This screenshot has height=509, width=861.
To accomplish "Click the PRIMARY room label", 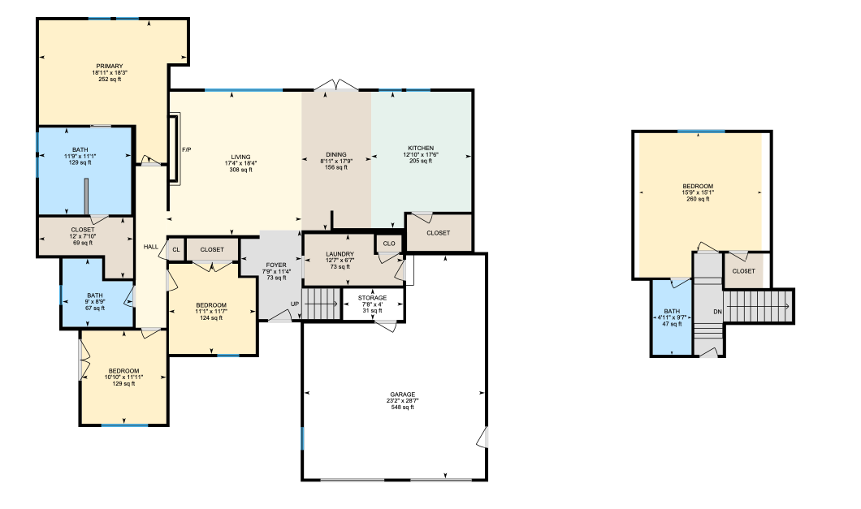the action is [x=110, y=67].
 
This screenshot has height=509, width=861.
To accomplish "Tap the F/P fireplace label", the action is [x=187, y=150].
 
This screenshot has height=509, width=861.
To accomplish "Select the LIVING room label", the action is [x=240, y=157].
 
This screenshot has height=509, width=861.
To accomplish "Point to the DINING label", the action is [x=336, y=155].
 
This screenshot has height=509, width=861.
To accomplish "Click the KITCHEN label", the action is [x=422, y=149].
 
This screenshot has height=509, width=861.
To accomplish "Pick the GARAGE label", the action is [x=403, y=395].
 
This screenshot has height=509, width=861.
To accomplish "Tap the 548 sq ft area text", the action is [x=403, y=408].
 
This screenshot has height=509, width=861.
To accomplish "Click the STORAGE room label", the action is [x=372, y=298].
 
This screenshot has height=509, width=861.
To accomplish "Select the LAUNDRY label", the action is [x=340, y=254].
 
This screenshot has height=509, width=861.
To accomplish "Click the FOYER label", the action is [x=276, y=265].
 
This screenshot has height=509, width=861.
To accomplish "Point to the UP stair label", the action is [x=295, y=304].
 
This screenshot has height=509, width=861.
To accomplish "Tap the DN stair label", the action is [x=718, y=312].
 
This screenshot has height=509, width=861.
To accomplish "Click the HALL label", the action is [x=151, y=247].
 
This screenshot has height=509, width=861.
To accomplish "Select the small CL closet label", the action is [x=176, y=250].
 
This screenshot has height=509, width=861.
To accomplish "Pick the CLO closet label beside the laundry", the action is [x=389, y=244].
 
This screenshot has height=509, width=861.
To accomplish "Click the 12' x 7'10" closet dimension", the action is [x=83, y=237].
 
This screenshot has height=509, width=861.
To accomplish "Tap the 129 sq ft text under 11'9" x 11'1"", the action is [x=80, y=162].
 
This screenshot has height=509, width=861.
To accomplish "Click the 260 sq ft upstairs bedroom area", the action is [x=698, y=200].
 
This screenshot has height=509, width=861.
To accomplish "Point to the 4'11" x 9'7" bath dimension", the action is [x=672, y=317].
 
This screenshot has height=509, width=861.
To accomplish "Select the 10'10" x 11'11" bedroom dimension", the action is [x=123, y=377].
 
